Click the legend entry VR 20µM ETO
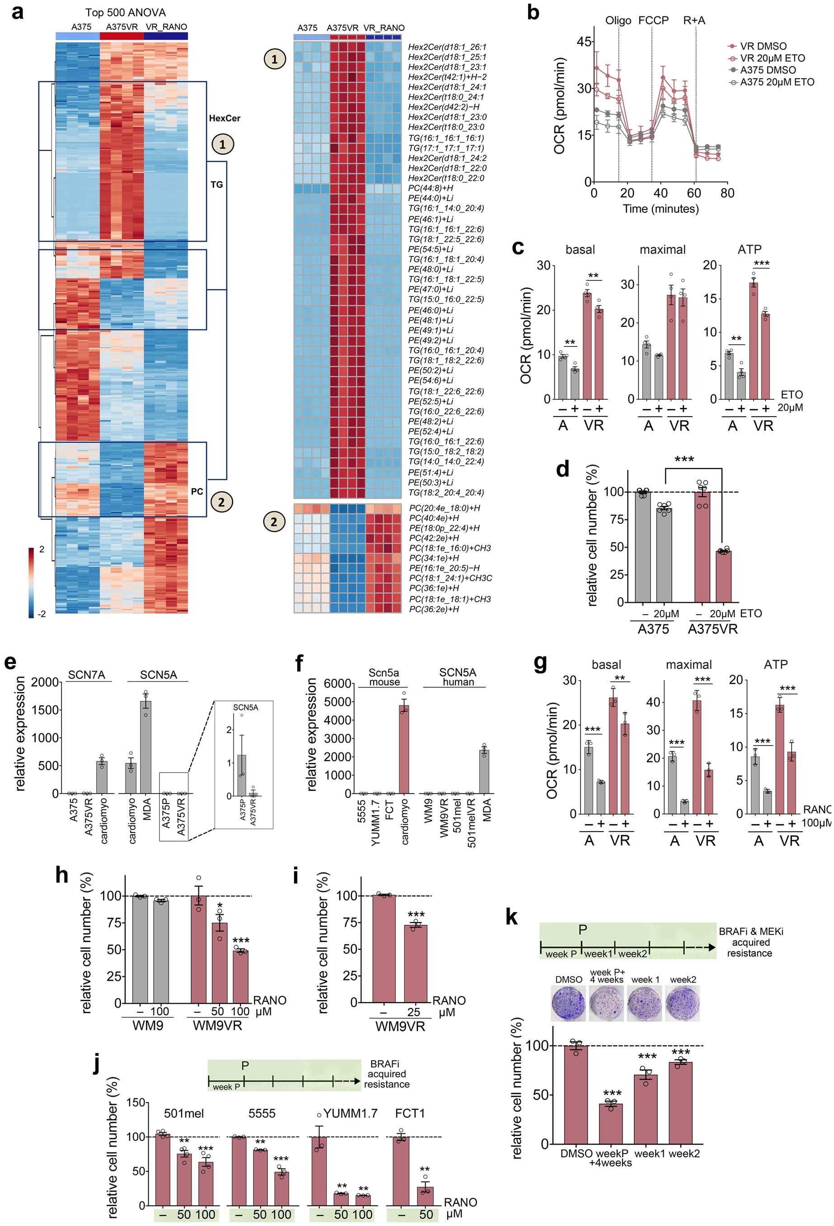point(771,58)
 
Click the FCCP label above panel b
point(653,20)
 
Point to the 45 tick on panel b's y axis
point(584,42)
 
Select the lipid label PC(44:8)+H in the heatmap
point(430,188)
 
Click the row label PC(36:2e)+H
point(433,609)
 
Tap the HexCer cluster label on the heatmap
point(224,118)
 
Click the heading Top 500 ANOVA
point(126,12)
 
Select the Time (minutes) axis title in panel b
point(660,208)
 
